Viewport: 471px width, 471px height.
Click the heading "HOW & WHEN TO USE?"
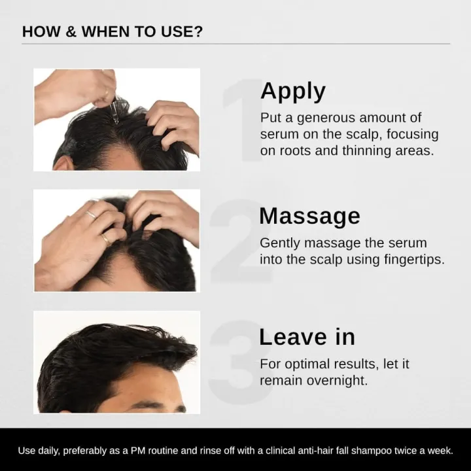tap(112, 31)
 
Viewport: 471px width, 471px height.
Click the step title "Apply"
tap(292, 91)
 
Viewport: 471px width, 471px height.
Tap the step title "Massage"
tap(309, 215)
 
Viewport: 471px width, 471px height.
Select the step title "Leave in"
tap(307, 336)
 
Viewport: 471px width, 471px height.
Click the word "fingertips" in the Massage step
tap(413, 259)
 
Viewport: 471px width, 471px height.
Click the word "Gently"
tap(279, 243)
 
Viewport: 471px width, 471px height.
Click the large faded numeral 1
tap(241, 121)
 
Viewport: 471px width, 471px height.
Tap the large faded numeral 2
tap(239, 242)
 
